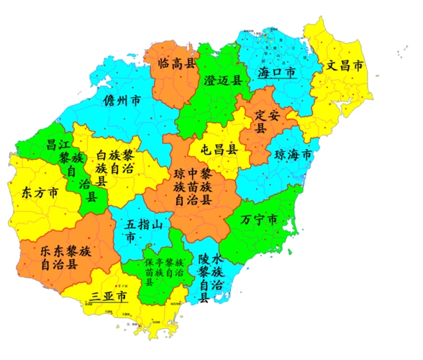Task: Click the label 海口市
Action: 277,73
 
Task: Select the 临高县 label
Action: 176,63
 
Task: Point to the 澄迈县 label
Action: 223,78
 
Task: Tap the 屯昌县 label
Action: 218,150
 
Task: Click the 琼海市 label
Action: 294,155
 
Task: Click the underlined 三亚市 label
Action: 109,296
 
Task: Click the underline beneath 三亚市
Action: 109,305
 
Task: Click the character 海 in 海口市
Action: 264,73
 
